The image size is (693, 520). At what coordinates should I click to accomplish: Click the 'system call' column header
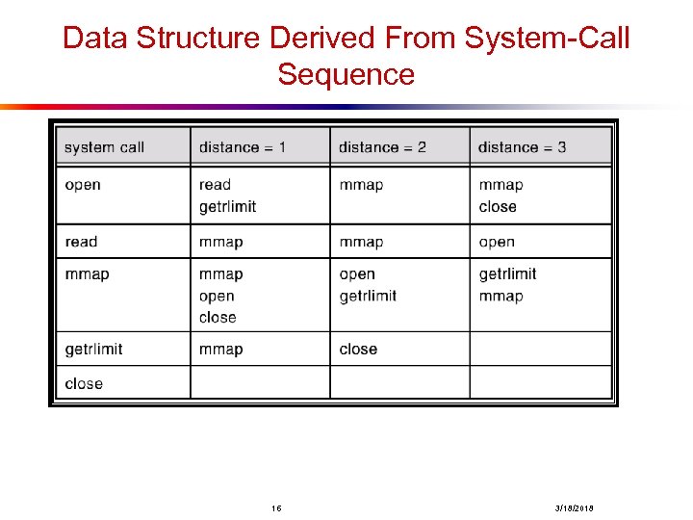pos(104,147)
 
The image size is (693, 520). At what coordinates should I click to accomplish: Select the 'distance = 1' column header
pos(243,147)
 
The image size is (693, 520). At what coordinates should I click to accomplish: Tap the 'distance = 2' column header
pos(382,147)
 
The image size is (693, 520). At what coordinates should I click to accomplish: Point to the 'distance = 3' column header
pos(522,147)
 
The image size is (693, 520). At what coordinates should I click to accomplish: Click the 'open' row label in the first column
pos(83,185)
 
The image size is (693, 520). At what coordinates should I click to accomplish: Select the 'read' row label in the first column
pos(82,242)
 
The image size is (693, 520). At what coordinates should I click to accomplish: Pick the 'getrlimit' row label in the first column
pos(93,349)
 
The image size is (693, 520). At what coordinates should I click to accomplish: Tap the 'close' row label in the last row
pos(84,383)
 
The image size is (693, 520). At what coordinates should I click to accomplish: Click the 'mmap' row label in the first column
pos(87,274)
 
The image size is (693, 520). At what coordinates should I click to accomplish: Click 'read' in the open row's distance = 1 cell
pos(216,185)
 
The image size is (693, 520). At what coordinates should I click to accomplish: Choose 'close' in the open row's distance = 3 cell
pos(498,207)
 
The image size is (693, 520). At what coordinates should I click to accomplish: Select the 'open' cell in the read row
pos(497,242)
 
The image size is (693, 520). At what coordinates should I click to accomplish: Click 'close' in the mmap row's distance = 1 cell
pos(218,318)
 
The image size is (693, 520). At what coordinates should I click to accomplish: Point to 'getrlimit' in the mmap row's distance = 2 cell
pos(368,296)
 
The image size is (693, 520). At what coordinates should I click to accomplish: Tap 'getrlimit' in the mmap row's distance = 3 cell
pos(507,274)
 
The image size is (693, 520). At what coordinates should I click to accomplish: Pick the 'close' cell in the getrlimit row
pos(358,349)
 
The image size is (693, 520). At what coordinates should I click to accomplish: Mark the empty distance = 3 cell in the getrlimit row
pos(541,349)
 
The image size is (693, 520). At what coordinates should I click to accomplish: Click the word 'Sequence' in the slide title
pos(346,74)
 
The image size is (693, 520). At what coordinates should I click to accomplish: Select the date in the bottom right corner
pos(574,507)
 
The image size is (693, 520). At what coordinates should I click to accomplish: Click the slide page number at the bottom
pos(276,507)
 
